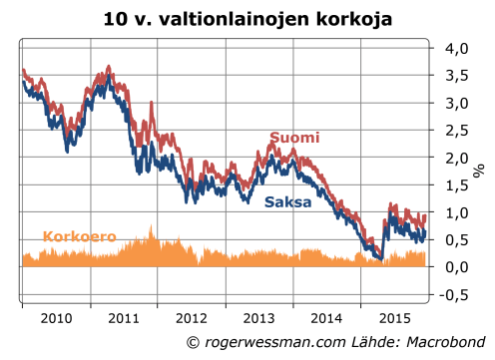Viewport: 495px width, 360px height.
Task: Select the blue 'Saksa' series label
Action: pos(288,202)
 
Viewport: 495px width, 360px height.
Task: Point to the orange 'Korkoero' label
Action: pos(80,237)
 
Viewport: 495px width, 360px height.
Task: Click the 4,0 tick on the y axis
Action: pos(455,48)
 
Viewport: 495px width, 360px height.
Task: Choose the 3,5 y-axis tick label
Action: pos(455,76)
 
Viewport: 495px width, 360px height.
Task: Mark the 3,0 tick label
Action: pos(455,103)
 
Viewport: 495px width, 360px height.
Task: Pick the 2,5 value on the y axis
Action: pos(455,131)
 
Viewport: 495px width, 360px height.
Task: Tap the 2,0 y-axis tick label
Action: pos(455,158)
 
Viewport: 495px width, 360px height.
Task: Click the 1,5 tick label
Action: pos(455,185)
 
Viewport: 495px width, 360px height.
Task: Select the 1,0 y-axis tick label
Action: pos(455,212)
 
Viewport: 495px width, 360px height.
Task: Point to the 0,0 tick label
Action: pos(455,267)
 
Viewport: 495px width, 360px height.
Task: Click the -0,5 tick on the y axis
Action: pos(453,295)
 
